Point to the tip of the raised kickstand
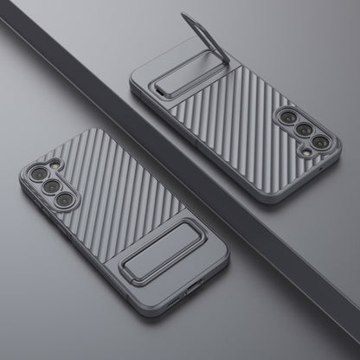pyautogui.click(x=185, y=16)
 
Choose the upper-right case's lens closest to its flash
pyautogui.click(x=319, y=142)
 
